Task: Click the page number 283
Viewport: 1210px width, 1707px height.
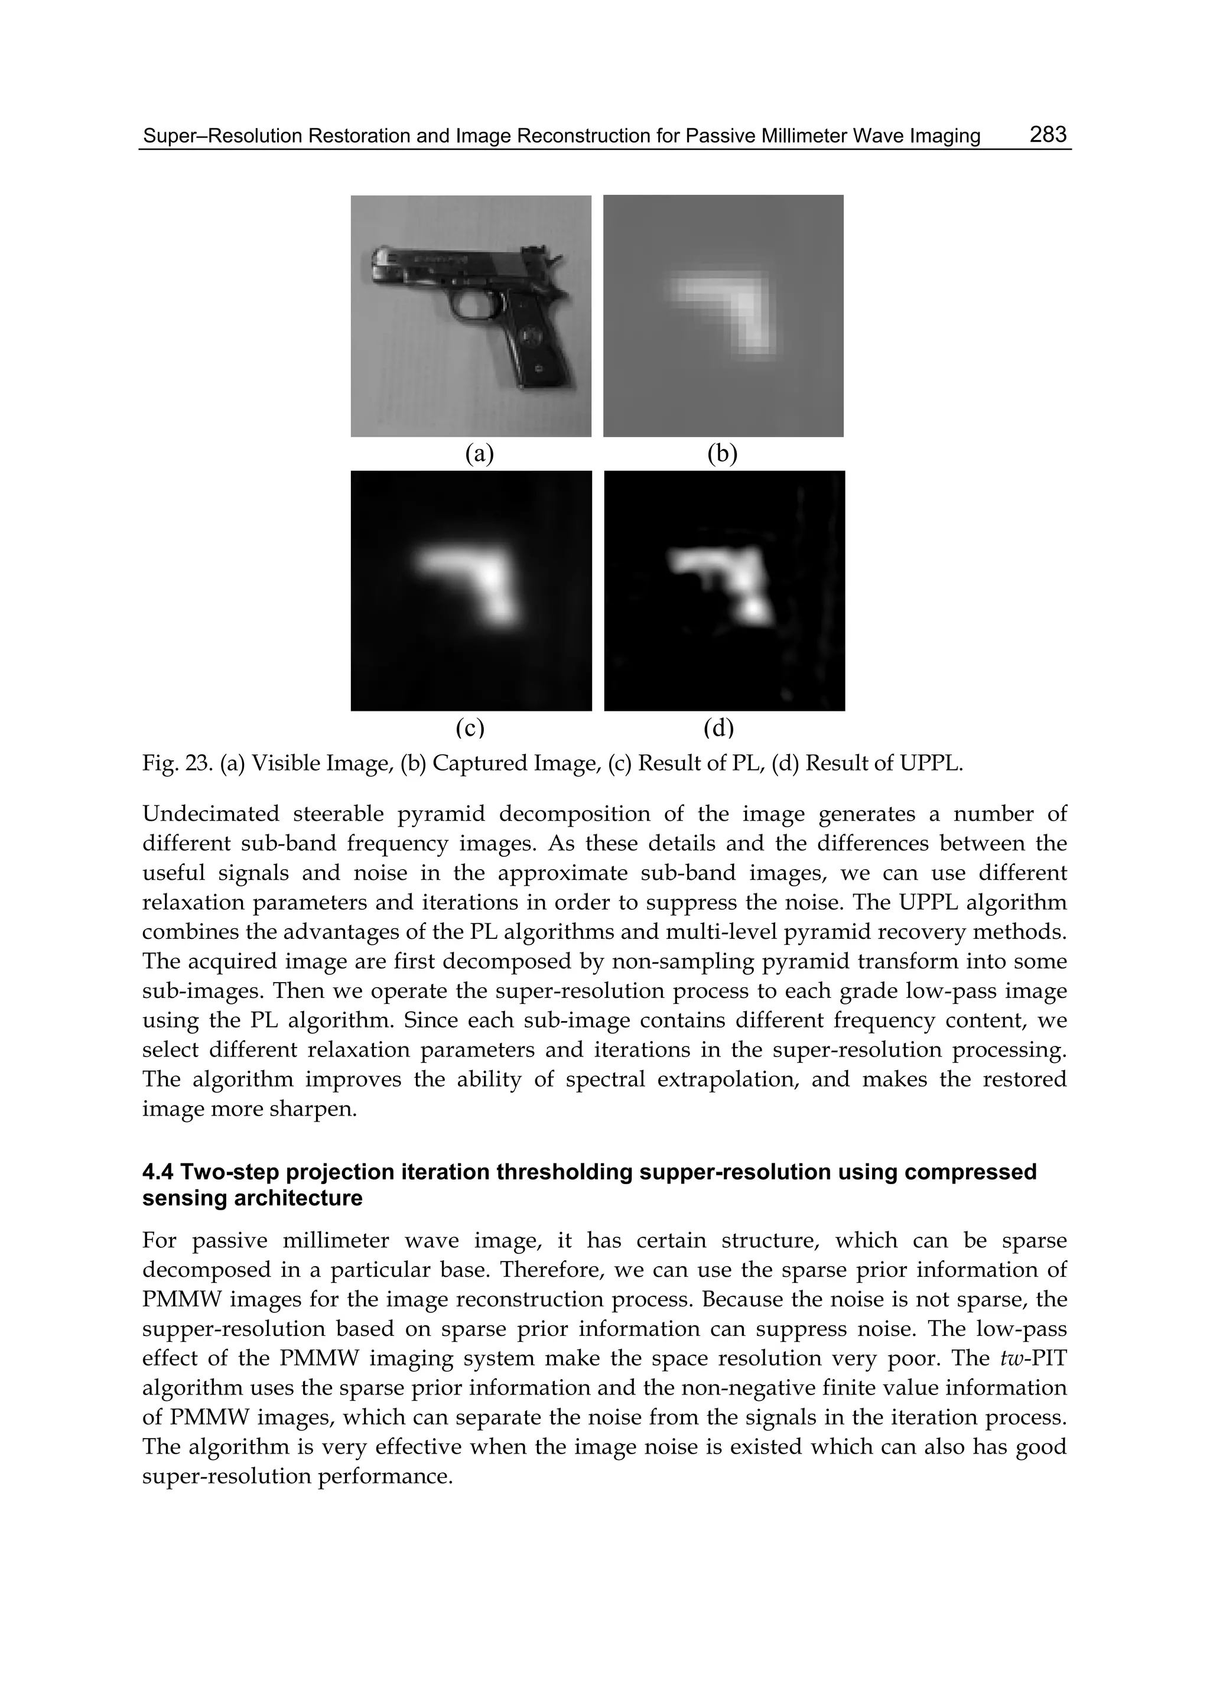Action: point(1048,134)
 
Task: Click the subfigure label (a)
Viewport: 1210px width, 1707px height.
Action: point(479,453)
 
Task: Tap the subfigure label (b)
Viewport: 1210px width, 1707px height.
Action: point(722,453)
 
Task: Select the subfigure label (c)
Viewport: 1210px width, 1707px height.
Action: point(470,727)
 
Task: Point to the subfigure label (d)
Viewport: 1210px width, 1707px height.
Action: point(718,727)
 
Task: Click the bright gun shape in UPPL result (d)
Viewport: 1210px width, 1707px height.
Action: point(727,577)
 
